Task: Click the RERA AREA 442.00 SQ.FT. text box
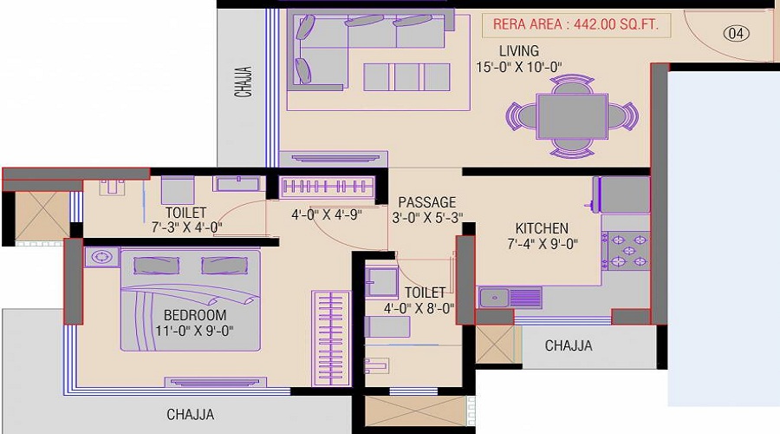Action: point(576,25)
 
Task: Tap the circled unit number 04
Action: point(736,33)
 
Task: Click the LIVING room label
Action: point(519,51)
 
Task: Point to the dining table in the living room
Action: point(572,116)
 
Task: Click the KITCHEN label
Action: point(542,228)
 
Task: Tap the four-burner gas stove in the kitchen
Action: point(627,251)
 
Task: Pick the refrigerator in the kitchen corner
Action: point(621,194)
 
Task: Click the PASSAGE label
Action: point(426,202)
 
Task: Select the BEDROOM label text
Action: point(195,315)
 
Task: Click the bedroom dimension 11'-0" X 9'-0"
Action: point(194,331)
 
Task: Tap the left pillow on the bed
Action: point(156,266)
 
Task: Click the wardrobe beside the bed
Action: point(331,339)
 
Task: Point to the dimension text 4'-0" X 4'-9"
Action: point(327,214)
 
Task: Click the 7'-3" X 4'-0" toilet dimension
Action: point(186,227)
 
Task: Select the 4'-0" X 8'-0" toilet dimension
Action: point(419,308)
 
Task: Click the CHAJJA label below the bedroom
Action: point(191,415)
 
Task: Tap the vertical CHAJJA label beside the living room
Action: point(244,82)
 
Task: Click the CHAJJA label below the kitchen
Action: point(569,345)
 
